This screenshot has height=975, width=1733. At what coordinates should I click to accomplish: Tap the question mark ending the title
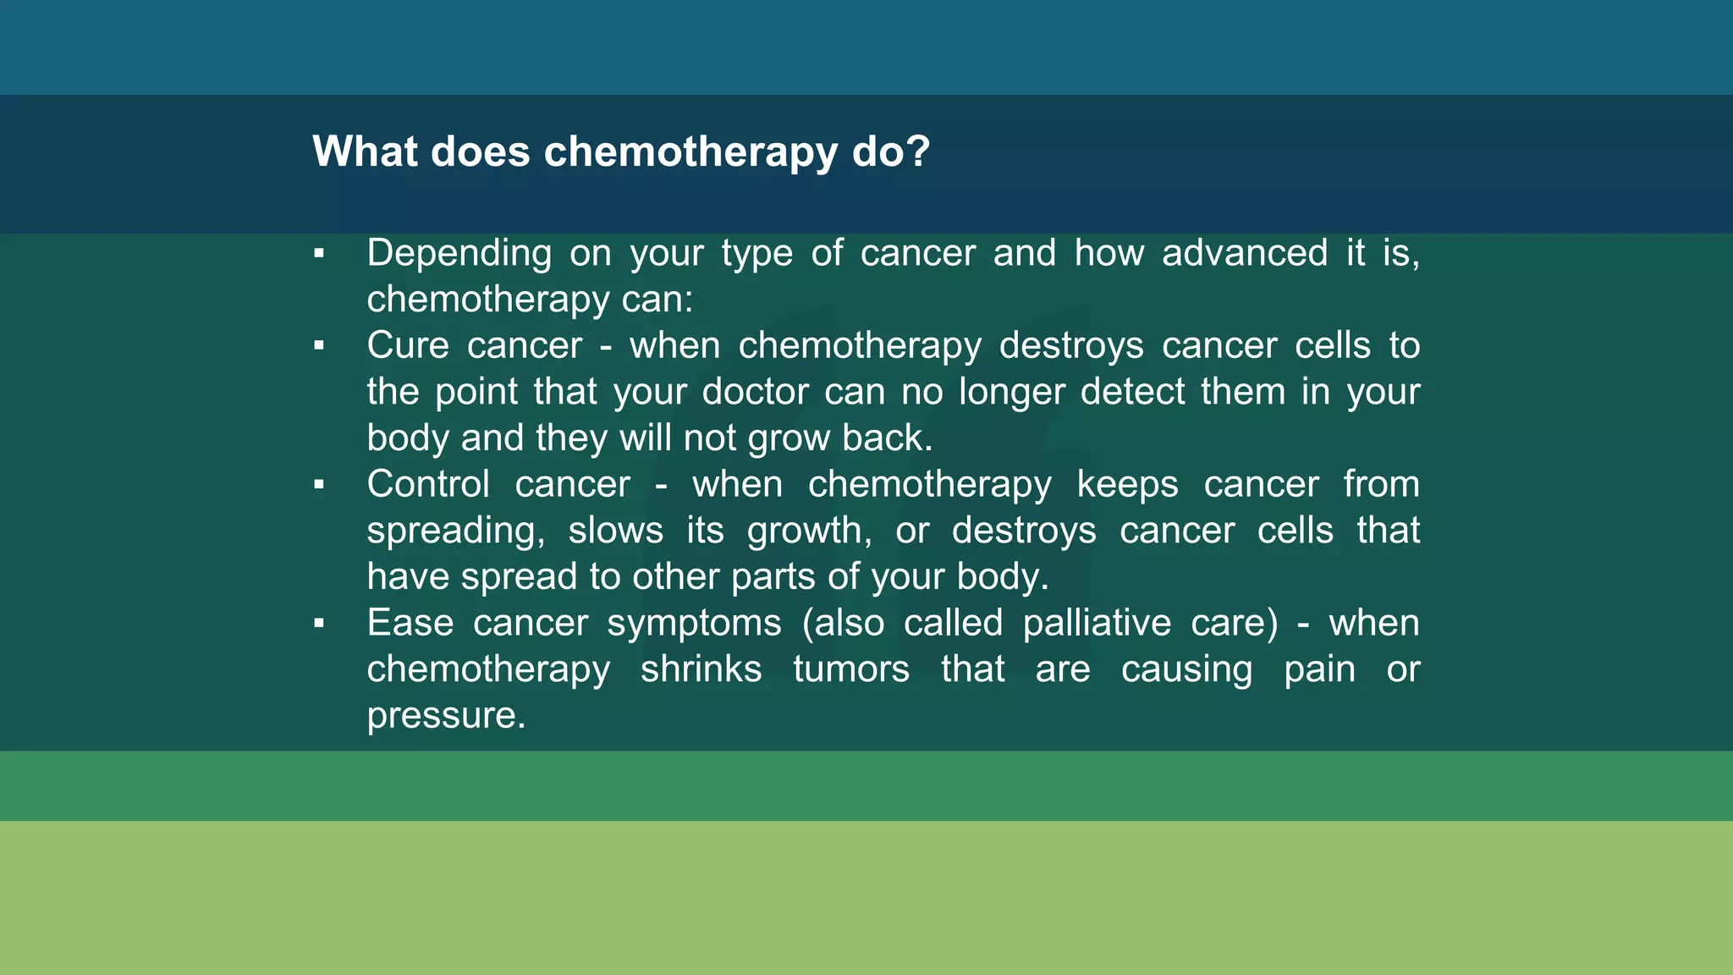(919, 152)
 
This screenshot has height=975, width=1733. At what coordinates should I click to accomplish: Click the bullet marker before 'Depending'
(319, 253)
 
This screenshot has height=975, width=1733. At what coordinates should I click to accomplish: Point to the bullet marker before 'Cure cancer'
(319, 345)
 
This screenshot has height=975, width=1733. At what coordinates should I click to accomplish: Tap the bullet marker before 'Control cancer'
(319, 484)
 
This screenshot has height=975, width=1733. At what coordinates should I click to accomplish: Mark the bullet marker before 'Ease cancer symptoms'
(319, 623)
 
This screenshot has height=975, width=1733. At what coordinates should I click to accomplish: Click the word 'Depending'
(459, 254)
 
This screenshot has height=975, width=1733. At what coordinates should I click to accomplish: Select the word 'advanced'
(1244, 253)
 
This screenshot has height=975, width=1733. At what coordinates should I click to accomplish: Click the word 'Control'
(428, 484)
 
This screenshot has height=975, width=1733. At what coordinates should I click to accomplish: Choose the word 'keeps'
(1127, 485)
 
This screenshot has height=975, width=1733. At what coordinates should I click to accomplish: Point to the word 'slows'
(615, 531)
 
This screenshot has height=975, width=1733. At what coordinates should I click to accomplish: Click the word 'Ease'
(410, 623)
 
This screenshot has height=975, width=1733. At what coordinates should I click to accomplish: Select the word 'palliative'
(1097, 624)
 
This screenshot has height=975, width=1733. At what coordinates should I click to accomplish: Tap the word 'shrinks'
(701, 669)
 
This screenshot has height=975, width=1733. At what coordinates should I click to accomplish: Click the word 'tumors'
(850, 669)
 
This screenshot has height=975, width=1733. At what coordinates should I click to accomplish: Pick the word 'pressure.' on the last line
(446, 716)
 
